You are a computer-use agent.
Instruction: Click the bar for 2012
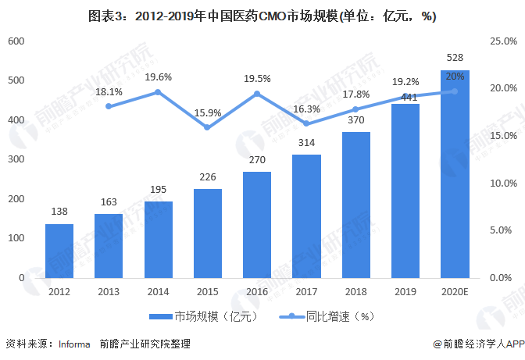59,251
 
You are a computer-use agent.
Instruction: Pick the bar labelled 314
307,216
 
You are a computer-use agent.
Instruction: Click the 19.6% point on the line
159,92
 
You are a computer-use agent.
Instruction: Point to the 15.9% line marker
208,127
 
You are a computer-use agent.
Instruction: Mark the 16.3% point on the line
307,123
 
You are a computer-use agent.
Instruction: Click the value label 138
59,212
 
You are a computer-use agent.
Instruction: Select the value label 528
455,58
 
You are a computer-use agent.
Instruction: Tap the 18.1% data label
109,91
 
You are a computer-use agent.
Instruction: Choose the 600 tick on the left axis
17,41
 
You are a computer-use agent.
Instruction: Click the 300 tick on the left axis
17,159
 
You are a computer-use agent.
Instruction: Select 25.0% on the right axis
501,41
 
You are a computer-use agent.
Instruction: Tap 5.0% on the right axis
501,230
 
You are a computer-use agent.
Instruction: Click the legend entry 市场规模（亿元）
202,316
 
